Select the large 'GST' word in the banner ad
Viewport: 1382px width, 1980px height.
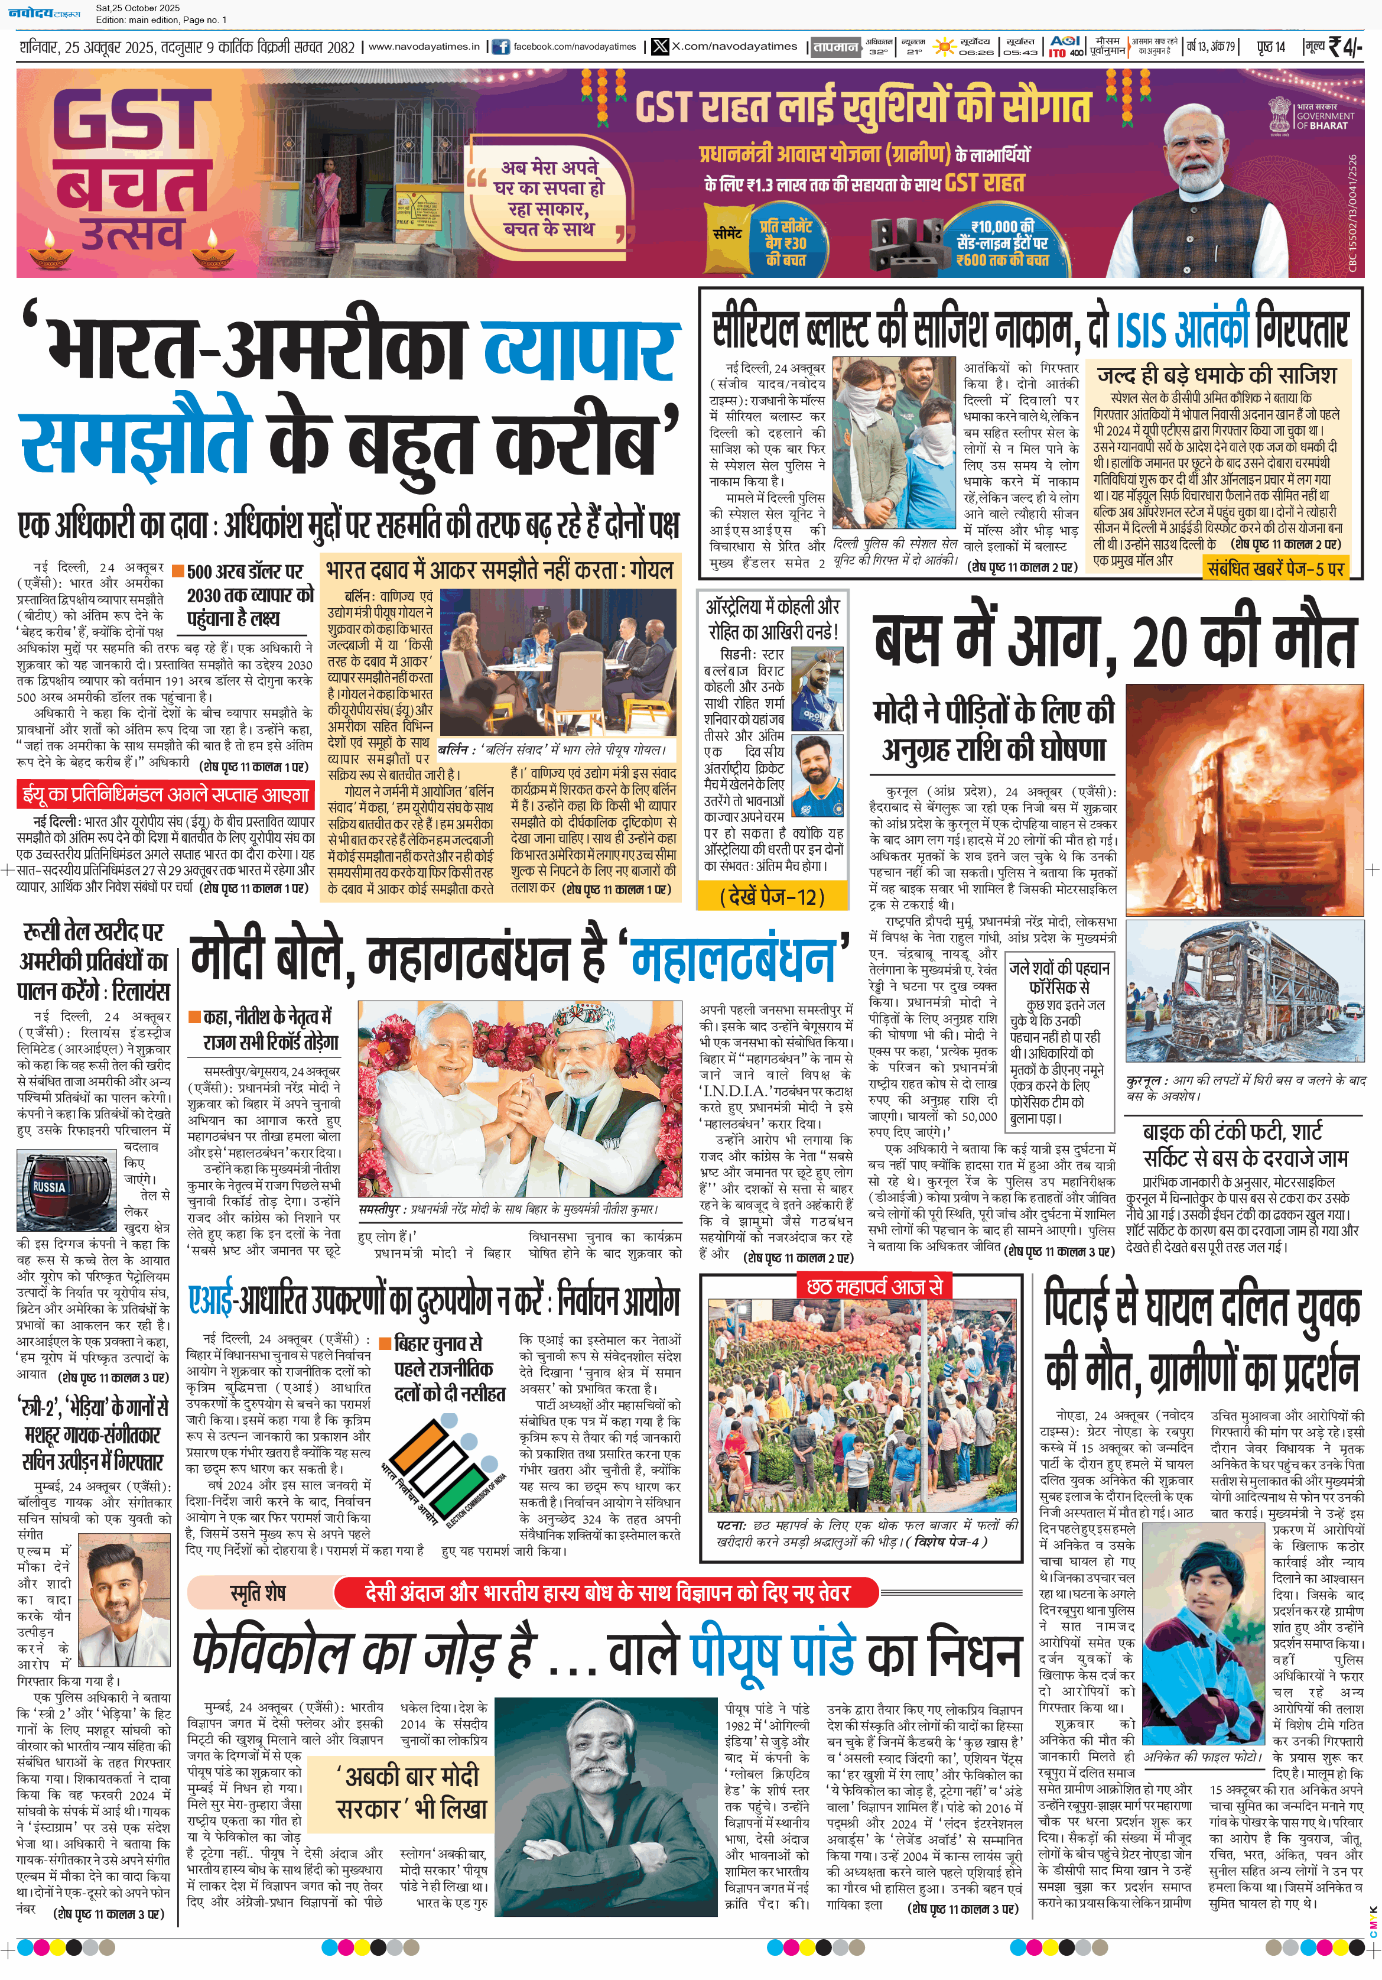(x=134, y=119)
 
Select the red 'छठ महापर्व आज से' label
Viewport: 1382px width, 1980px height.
(x=874, y=1287)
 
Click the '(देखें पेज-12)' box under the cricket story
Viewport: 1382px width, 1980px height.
(x=772, y=897)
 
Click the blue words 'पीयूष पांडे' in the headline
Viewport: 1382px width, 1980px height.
(x=772, y=1651)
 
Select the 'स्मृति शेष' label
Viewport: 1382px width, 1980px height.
(x=257, y=1593)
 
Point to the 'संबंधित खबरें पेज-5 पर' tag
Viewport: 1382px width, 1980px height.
(x=1275, y=569)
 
